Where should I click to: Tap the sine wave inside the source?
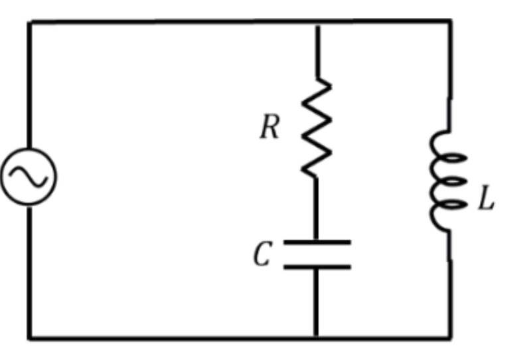click(x=29, y=177)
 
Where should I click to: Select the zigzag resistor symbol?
click(x=317, y=128)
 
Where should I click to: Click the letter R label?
click(x=270, y=127)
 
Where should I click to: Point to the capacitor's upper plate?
click(x=317, y=242)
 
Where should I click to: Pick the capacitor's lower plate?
click(x=317, y=267)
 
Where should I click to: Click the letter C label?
click(x=263, y=253)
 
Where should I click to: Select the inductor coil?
click(x=447, y=181)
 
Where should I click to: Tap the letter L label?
click(x=486, y=198)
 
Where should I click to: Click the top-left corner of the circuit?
click(x=29, y=22)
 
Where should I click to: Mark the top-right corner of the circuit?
click(x=450, y=21)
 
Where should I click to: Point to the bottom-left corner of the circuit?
click(x=29, y=338)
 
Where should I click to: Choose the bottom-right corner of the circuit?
click(x=451, y=338)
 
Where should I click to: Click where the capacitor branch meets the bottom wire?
click(x=316, y=337)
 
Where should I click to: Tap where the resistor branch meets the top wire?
click(x=318, y=23)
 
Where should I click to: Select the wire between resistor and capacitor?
click(x=316, y=209)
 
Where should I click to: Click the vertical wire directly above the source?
click(x=29, y=85)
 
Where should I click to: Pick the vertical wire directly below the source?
click(x=29, y=273)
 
